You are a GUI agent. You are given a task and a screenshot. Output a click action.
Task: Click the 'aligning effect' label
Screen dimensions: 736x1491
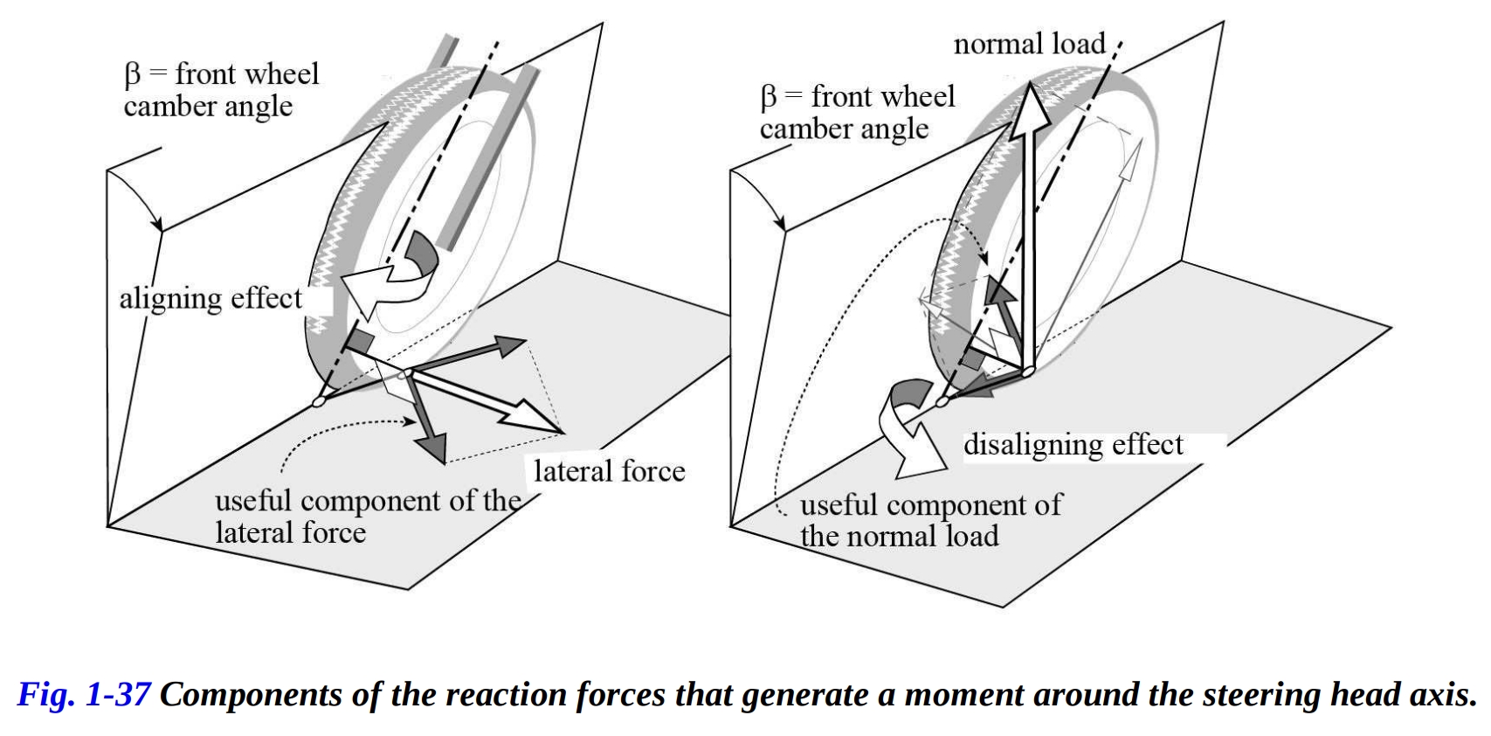pos(211,299)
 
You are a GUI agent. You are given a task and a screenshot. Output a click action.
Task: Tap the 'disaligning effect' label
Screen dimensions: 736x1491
pos(1073,445)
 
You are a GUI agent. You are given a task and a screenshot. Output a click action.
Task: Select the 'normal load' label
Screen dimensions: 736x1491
pos(1029,44)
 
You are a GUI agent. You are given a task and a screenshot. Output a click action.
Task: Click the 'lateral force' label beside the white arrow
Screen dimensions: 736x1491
pos(610,472)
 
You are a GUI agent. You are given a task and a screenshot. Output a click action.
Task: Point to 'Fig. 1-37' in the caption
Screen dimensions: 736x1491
pos(84,695)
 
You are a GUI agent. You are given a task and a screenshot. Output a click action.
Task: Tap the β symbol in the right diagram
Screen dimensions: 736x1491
pos(768,97)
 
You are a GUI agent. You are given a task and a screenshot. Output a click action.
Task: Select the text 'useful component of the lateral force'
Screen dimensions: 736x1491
pos(367,517)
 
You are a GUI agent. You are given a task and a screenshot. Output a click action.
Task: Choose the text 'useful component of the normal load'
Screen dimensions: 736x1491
pos(930,520)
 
